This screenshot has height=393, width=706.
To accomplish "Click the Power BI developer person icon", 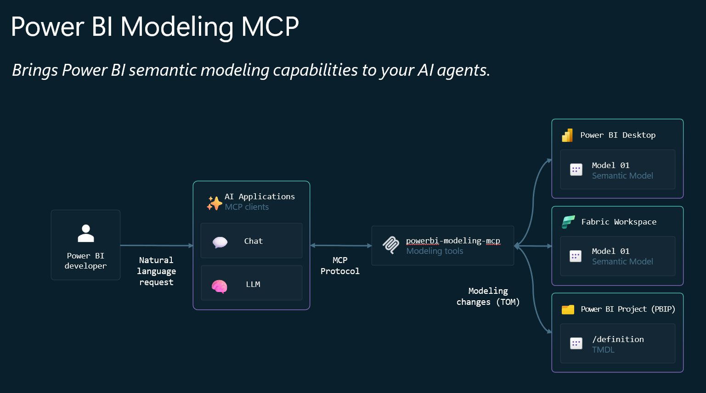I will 85,233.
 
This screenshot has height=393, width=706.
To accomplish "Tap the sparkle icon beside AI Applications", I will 214,203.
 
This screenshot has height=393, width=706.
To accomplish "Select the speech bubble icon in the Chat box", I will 220,242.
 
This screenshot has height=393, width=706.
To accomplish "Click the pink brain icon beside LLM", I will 220,286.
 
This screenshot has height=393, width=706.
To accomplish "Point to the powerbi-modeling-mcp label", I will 452,241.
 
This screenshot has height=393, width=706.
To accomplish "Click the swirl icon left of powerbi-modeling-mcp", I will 391,245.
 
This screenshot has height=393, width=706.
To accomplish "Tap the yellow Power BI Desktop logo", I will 567,135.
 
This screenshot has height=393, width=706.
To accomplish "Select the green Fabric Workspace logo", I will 568,222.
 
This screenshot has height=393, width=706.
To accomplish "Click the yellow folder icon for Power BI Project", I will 568,309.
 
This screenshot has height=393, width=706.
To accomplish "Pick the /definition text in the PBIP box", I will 618,339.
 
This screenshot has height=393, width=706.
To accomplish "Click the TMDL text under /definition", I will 603,350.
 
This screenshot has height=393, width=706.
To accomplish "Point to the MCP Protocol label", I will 340,266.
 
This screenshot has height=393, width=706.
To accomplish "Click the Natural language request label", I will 156,271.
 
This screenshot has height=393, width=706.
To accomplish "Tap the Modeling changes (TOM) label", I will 488,297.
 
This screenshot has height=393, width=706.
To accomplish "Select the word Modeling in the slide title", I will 177,27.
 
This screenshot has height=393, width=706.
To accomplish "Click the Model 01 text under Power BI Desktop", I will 610,165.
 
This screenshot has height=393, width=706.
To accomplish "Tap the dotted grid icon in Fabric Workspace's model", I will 576,256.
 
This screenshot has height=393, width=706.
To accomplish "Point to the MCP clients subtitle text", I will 247,207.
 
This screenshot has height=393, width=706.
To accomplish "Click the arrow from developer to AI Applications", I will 156,246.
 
